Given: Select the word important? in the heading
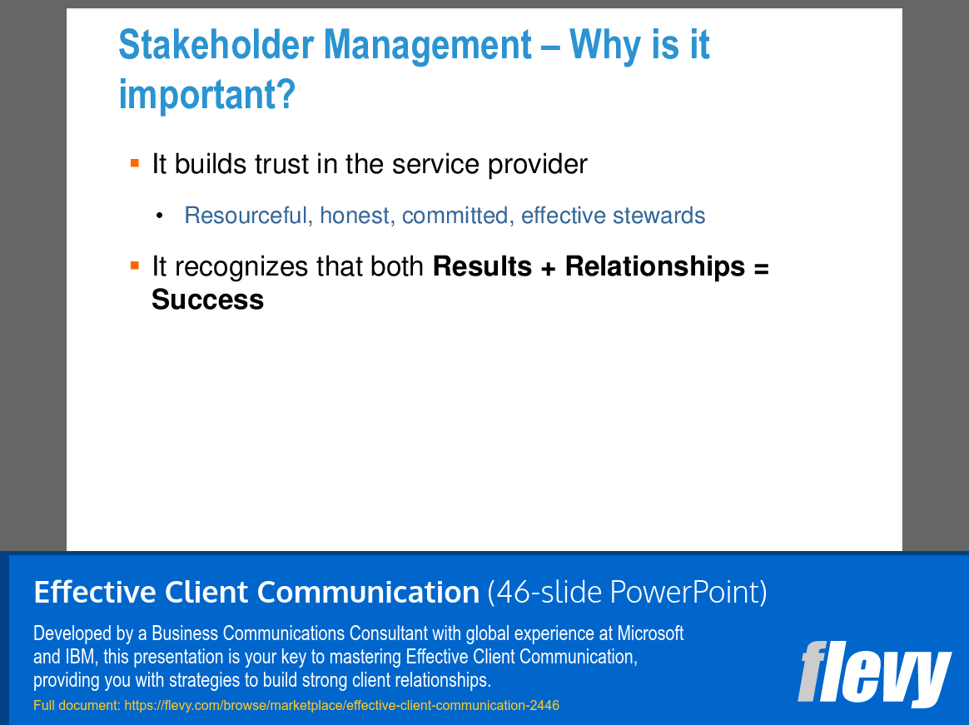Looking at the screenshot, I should coord(206,94).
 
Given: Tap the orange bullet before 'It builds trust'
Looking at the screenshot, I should coord(135,163).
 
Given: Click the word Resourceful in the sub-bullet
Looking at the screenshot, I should coord(246,216).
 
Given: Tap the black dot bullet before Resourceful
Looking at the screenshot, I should coord(159,216).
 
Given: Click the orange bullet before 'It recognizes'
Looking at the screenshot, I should coord(135,266).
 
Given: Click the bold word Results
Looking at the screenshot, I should coord(483,266).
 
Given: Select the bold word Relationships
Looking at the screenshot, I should coord(655,266).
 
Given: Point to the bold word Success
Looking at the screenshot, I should coord(207,300).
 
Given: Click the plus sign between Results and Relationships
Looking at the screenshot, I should coord(549,267).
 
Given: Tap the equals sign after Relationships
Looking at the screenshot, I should coord(760,267).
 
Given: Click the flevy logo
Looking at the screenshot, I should coord(873,673).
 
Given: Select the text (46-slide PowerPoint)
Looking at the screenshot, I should coord(627,593).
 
